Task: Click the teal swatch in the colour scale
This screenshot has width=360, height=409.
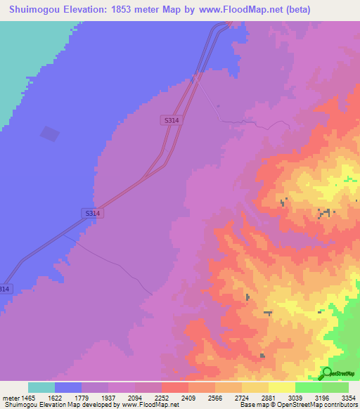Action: (41, 387)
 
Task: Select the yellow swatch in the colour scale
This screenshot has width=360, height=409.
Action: (281, 387)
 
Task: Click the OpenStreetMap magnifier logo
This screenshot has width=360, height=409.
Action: (326, 373)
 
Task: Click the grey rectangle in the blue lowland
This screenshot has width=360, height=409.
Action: (49, 134)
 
